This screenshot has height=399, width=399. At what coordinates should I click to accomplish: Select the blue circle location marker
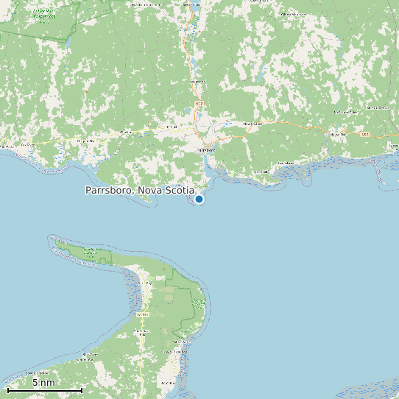click(x=199, y=199)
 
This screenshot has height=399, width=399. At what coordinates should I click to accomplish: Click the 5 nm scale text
click(x=43, y=383)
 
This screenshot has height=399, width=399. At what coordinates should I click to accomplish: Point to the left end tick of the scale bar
click(x=7, y=389)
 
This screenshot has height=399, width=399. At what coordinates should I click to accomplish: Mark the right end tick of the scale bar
click(x=82, y=389)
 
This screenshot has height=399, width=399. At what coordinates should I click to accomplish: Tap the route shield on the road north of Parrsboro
click(x=199, y=104)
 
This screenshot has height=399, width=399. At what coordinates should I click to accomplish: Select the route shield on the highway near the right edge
click(x=365, y=135)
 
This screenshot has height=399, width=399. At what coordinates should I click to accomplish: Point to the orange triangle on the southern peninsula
click(x=163, y=269)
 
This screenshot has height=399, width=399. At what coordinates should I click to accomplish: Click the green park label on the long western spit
click(x=91, y=252)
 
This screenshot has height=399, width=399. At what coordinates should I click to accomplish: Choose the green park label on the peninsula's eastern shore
click(x=198, y=300)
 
